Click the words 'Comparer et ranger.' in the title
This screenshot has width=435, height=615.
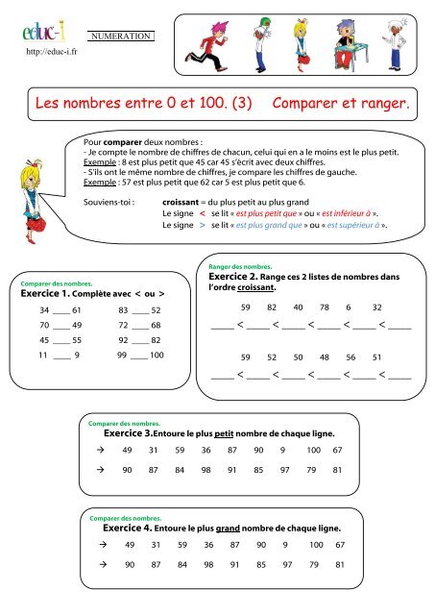coord(342,100)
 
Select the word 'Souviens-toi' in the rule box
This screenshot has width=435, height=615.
coord(108,204)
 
